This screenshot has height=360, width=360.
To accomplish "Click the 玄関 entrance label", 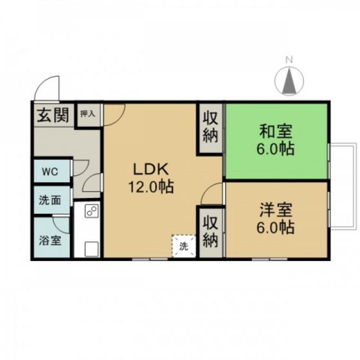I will tap(51, 116).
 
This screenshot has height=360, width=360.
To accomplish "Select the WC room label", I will tap(50, 172).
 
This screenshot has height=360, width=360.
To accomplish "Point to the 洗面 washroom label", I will tap(50, 200).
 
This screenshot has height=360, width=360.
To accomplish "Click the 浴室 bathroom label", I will tap(50, 241).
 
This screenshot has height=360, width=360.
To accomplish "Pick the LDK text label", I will tap(150, 169).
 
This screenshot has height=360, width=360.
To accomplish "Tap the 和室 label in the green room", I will tap(276, 132).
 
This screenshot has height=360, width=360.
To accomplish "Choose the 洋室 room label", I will tap(277, 209).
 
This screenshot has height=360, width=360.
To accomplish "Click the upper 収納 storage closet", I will tap(210, 127).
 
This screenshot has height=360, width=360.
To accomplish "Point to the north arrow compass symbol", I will tap(289, 82).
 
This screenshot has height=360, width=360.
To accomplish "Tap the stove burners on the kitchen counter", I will tap(89, 212).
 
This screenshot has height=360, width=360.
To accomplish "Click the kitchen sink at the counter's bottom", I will tap(89, 248).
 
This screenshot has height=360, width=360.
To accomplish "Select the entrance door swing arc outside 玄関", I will tap(48, 89).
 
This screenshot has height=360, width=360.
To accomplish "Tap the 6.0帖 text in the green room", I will tap(276, 150).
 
